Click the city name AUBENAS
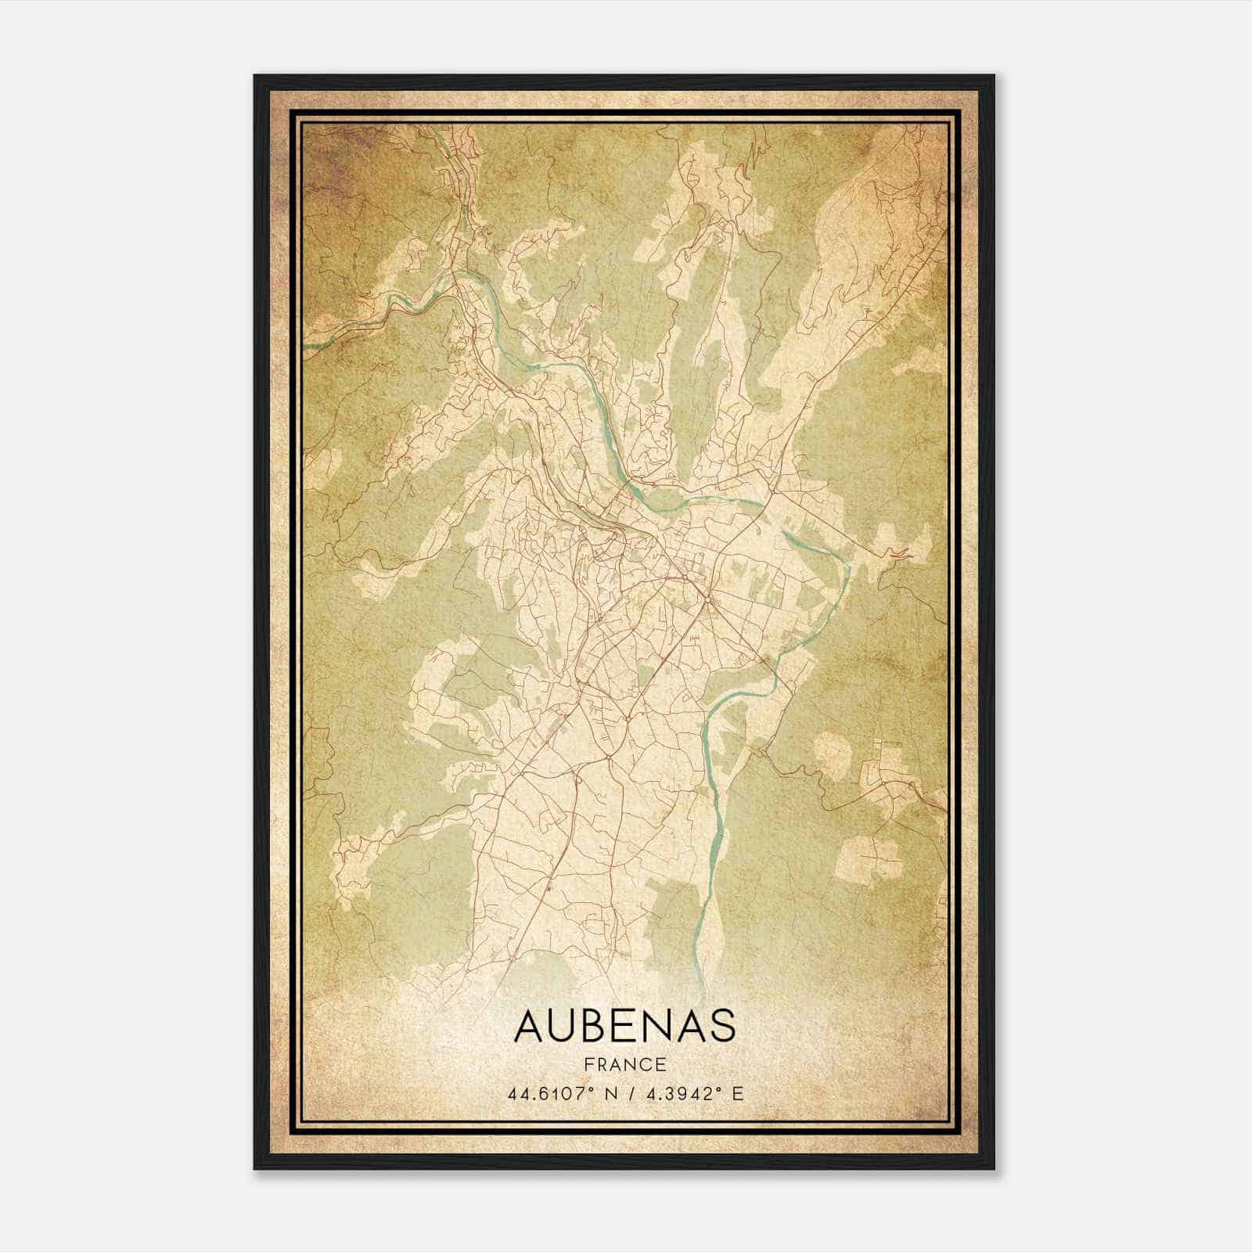pos(624,1026)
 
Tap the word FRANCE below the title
pos(624,1064)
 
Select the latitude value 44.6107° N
pos(559,1093)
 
